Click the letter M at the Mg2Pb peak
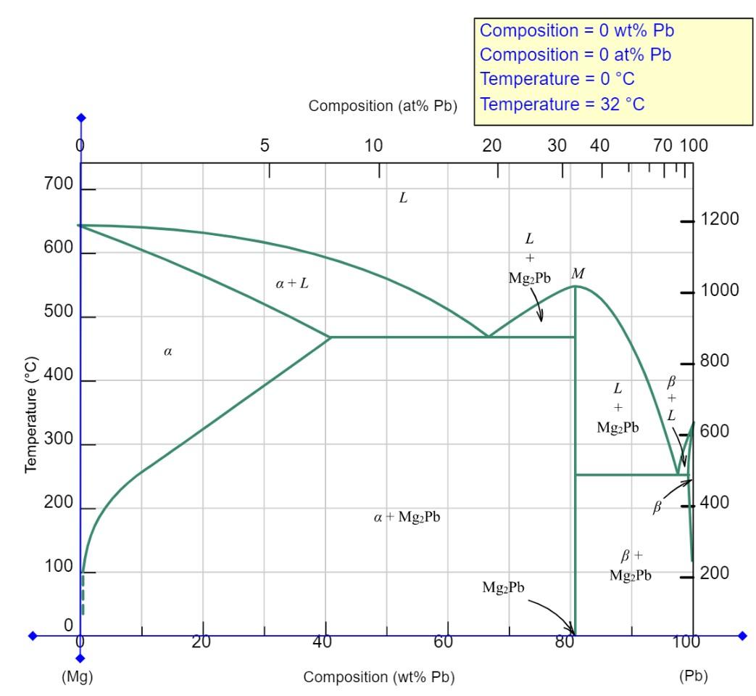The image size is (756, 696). coord(578,273)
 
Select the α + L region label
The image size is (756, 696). coord(292,284)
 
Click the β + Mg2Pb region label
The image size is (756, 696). coord(630,565)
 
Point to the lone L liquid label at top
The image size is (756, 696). coord(404,197)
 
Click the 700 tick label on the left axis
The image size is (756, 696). coord(59,184)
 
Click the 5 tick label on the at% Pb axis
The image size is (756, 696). coord(265,146)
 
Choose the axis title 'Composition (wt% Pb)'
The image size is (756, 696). coord(379,676)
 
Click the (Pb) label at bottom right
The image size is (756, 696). coord(693,676)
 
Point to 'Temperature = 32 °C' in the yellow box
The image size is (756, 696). coord(562,105)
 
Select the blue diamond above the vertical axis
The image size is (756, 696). coord(80,118)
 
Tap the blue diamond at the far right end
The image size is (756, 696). coord(742,636)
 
